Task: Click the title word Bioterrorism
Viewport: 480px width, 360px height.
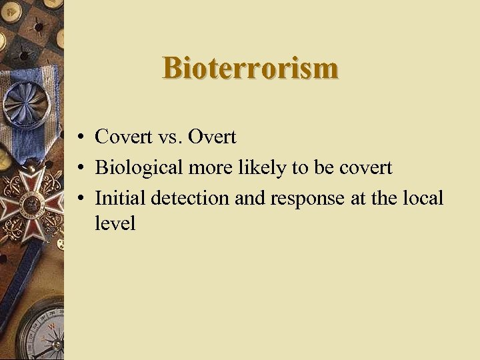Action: coord(250,68)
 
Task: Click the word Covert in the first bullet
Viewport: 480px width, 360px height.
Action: coord(124,137)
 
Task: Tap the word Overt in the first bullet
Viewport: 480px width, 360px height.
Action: coord(212,137)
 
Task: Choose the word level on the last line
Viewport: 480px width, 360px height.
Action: coord(115,223)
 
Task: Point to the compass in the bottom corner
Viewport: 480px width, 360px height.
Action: coord(44,330)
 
